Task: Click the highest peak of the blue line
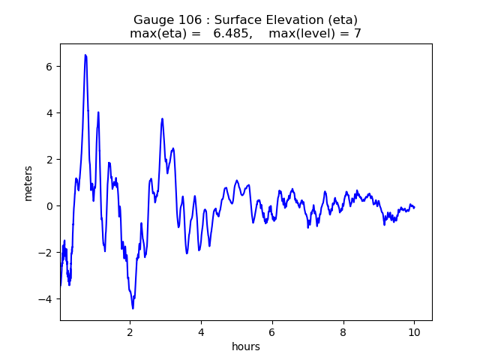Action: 85,55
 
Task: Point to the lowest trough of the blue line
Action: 133,308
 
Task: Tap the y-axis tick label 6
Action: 49,67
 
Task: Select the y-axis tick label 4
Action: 49,113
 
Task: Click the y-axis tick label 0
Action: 49,206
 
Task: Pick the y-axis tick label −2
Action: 45,253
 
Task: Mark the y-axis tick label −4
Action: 45,299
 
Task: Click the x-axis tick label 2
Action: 130,332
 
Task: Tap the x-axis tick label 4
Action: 201,332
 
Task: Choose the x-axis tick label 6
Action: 272,332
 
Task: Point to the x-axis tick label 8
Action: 343,332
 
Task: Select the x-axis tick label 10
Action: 414,332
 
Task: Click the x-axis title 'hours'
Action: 246,346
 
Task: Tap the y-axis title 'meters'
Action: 28,183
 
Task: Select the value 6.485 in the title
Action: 231,33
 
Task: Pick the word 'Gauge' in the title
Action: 152,20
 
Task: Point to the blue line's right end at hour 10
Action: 414,208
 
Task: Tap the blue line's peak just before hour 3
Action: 162,118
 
